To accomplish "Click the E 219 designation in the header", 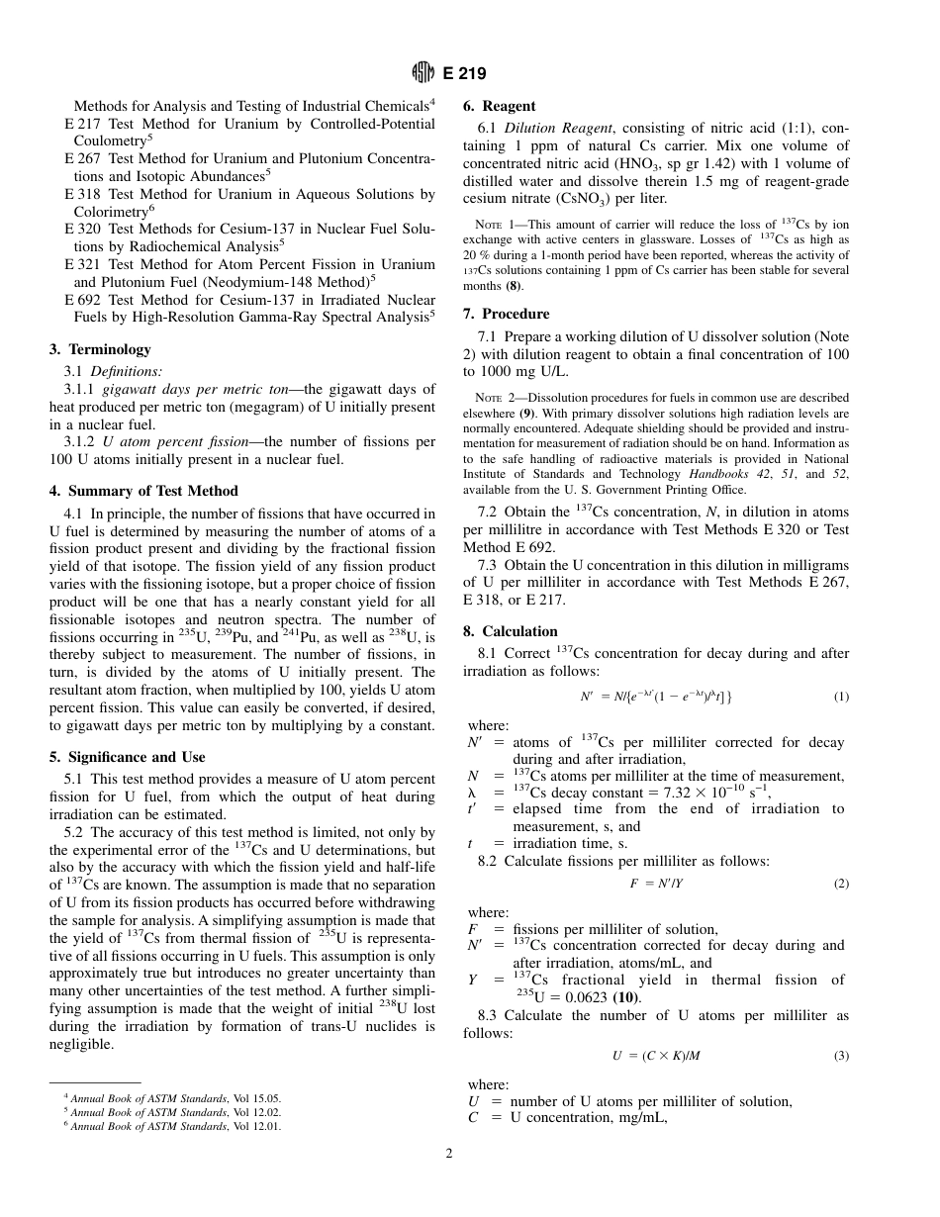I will (464, 73).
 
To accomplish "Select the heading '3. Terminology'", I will (100, 349).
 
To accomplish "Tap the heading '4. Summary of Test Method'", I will (143, 491).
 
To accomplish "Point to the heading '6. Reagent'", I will (500, 106).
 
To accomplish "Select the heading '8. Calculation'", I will (511, 631).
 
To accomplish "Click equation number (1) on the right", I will (840, 697).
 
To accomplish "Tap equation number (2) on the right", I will (840, 884).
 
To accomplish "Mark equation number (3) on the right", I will (840, 1056).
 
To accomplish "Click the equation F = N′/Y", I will (656, 884).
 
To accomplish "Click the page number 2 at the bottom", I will (448, 1152).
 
